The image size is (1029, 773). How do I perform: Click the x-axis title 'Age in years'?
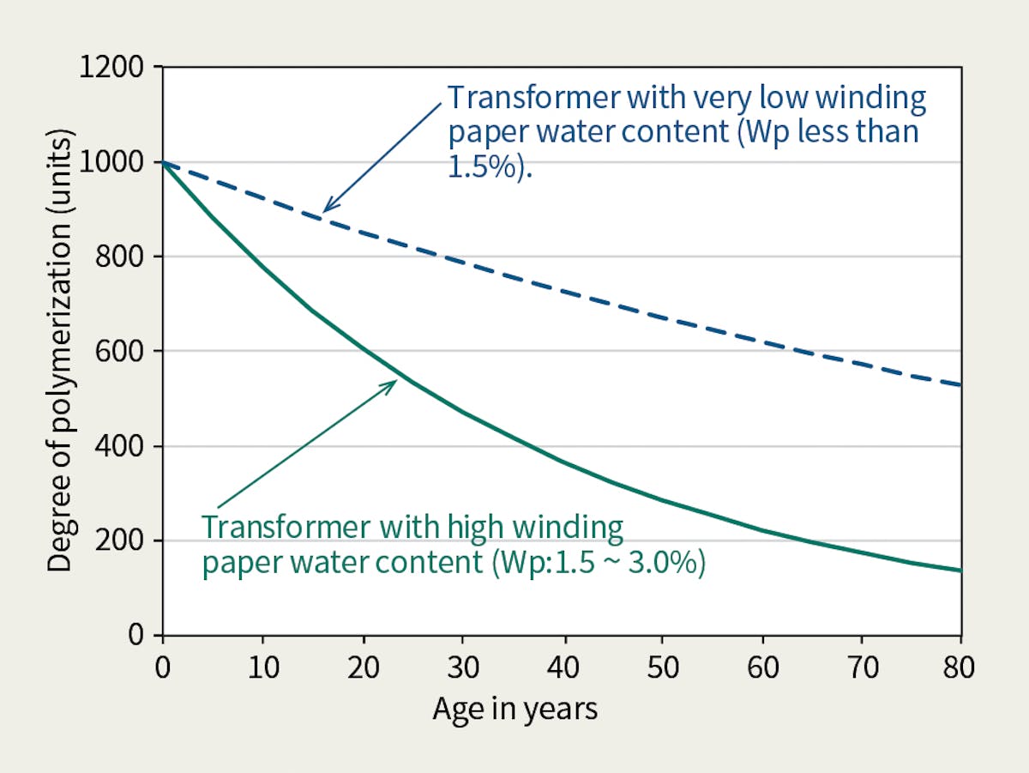[x=514, y=710]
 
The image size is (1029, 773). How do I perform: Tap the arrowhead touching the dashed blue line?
[x=326, y=208]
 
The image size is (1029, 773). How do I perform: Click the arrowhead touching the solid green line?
[x=393, y=383]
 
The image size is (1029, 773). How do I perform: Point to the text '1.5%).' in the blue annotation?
[x=489, y=166]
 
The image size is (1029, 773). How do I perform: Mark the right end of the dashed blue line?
[x=960, y=385]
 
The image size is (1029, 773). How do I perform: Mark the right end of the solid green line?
[x=960, y=571]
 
